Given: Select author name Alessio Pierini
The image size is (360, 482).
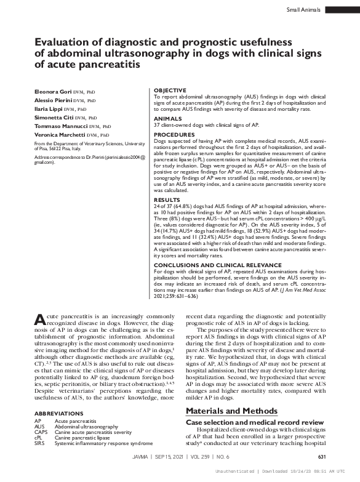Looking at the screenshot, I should point(52,99).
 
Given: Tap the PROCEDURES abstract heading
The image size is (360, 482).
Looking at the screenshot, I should point(174,134).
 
